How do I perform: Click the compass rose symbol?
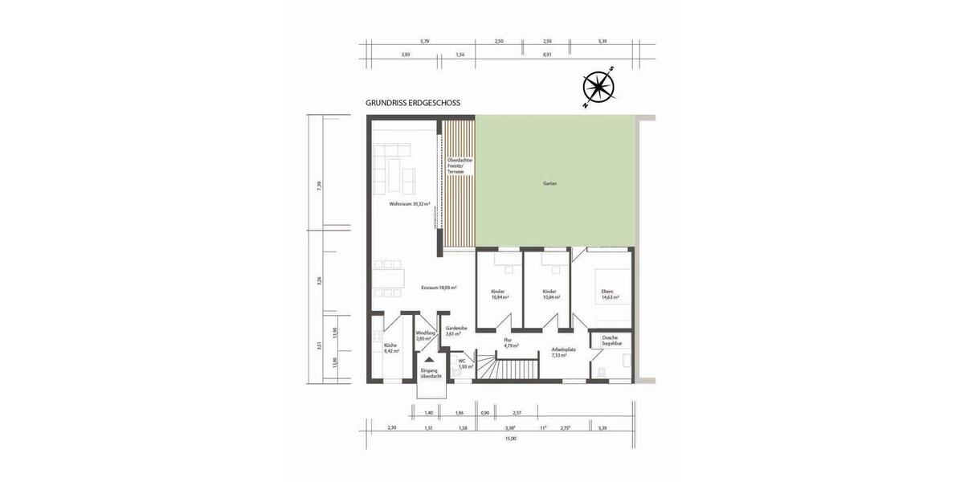click(x=598, y=87)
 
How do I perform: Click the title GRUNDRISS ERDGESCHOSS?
click(x=413, y=104)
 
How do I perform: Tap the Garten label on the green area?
click(x=549, y=184)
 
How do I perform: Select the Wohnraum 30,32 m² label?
click(x=410, y=205)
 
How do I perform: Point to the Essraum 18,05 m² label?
click(x=439, y=288)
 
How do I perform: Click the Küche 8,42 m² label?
click(x=391, y=348)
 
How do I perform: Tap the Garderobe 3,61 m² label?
click(x=457, y=330)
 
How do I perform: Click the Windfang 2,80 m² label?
click(x=426, y=336)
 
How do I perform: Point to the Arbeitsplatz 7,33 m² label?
click(x=563, y=352)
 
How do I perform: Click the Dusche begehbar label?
click(x=612, y=341)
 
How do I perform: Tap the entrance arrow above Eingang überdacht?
click(x=430, y=361)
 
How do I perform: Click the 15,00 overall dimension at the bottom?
click(x=510, y=439)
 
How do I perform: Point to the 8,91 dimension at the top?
click(x=547, y=55)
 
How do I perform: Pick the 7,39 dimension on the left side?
click(x=319, y=185)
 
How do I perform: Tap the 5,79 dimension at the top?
click(x=425, y=40)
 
